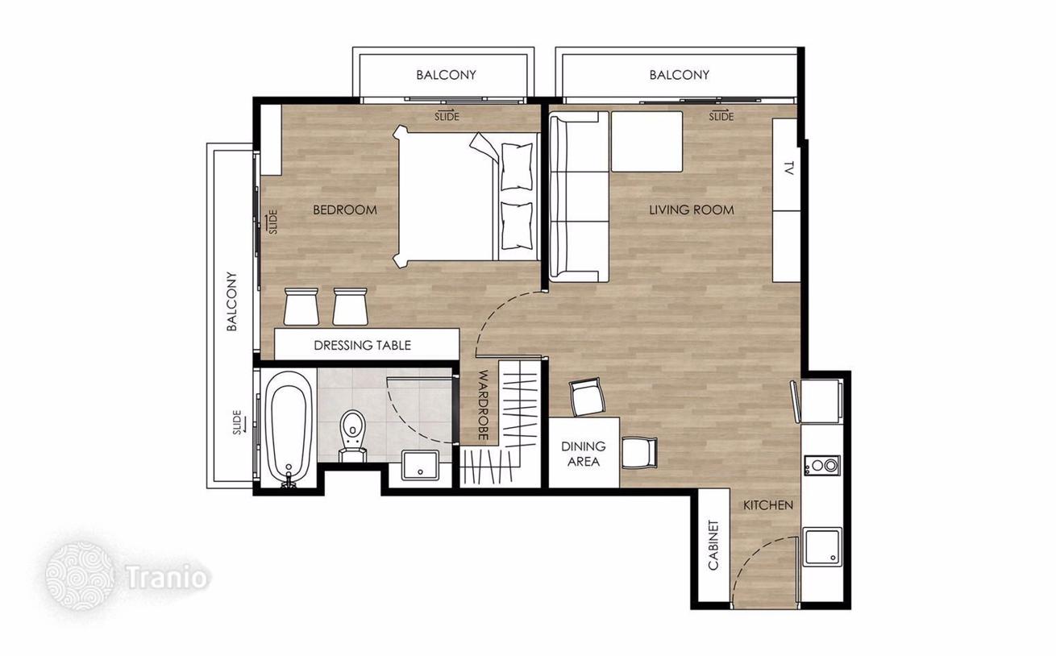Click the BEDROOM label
tap(345, 210)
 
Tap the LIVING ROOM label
tap(692, 210)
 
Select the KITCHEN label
tap(768, 505)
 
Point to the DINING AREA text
tap(584, 454)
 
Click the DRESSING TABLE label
tap(363, 346)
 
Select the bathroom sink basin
tap(420, 465)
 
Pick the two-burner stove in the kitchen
tap(822, 466)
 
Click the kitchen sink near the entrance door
tap(822, 546)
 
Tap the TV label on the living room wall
tap(788, 168)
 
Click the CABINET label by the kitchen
tap(713, 546)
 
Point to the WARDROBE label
tap(483, 405)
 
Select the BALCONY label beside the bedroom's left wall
tap(231, 301)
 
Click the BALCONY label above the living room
tap(680, 75)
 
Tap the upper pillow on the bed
tap(517, 166)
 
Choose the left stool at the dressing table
tap(301, 306)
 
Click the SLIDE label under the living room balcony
tap(721, 115)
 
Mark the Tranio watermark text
tap(168, 577)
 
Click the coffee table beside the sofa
tap(646, 141)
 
